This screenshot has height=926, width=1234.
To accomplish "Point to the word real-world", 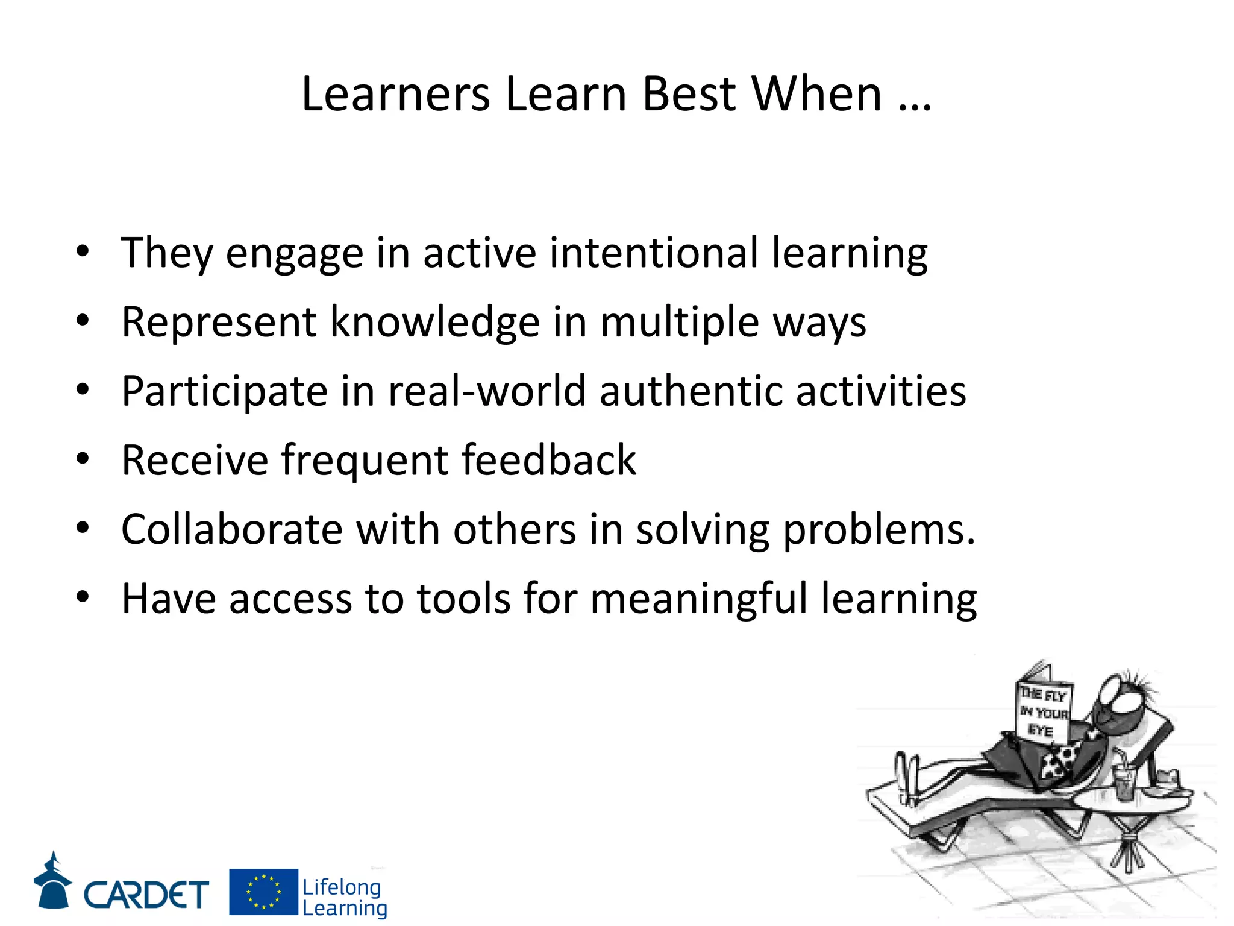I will point(487,391).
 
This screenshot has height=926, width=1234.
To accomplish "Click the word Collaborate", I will point(232,529).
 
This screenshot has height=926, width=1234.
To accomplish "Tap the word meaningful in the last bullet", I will point(698,599).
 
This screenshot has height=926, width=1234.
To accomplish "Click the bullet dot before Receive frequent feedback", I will point(83,459).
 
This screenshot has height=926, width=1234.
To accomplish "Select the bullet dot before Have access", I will point(83,597).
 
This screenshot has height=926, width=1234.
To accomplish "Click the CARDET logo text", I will point(146,894).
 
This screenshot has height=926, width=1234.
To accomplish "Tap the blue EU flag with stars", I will point(263,892).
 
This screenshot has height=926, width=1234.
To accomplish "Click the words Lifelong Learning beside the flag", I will point(343,897).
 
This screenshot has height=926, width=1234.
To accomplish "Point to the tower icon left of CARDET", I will point(53,881).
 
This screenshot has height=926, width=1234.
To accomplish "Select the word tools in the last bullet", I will point(464,599).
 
